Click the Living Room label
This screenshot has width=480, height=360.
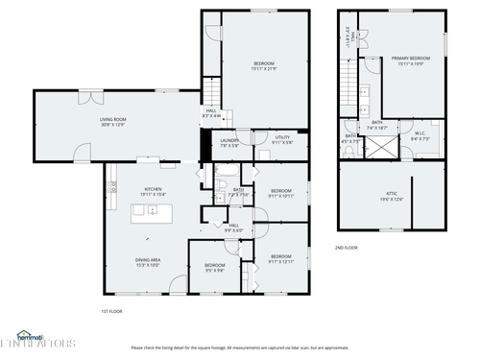click(x=113, y=122)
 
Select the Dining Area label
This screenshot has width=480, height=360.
click(x=147, y=262)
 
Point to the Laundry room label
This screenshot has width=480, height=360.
click(x=230, y=143)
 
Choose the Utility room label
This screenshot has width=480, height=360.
click(x=282, y=140)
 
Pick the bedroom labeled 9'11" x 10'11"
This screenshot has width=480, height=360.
click(x=281, y=194)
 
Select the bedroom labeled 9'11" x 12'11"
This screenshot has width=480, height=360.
click(x=281, y=258)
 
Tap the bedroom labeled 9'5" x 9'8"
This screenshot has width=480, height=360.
click(x=214, y=268)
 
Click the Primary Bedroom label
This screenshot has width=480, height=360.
click(x=411, y=60)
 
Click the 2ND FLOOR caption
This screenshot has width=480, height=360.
click(x=348, y=248)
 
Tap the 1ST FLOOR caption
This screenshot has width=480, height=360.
click(x=112, y=311)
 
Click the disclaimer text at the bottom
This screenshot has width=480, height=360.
click(x=239, y=348)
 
